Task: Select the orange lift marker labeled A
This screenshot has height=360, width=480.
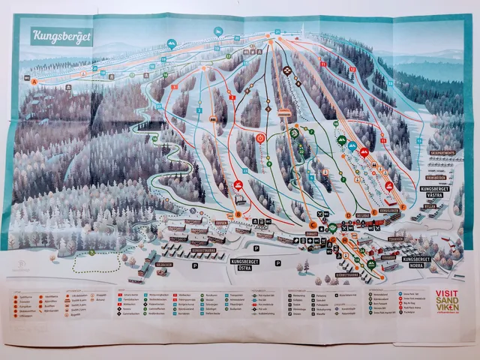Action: coord(34,79)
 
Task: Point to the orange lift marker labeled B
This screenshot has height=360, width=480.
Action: coord(238,215)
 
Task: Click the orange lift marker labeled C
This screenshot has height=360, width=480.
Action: coord(313,224)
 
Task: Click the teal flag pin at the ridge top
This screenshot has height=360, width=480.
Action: coord(218,31)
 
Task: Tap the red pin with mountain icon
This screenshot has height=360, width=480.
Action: coord(365,152)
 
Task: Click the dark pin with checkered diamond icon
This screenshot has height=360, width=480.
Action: coord(287,72)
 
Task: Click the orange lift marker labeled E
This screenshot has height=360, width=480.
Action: coord(373,212)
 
